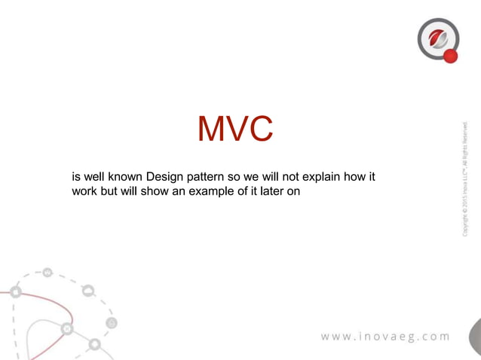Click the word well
click(94, 178)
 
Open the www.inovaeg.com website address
click(385, 336)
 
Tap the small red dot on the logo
click(450, 56)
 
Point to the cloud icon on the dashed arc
click(89, 291)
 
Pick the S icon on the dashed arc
click(112, 323)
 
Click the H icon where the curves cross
click(67, 328)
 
